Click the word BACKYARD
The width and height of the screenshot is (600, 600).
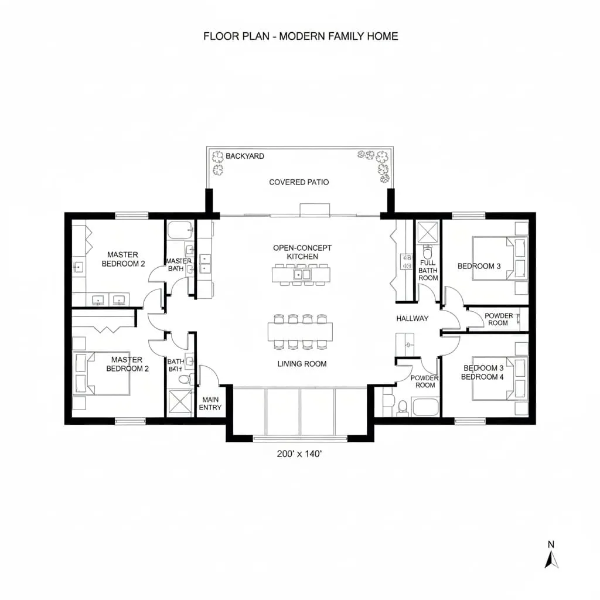245,156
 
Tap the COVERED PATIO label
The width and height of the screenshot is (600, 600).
299,182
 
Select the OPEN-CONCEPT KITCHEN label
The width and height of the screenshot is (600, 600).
302,252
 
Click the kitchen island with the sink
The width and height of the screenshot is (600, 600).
302,273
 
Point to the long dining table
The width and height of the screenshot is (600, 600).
300,331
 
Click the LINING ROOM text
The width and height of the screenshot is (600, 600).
302,364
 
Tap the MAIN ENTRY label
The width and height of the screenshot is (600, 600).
210,403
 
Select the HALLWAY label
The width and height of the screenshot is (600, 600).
412,318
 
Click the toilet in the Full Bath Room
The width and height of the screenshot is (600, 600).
427,254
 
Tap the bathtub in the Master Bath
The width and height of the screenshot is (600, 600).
176,230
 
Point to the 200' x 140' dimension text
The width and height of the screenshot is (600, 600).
299,454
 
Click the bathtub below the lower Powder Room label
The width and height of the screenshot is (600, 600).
425,406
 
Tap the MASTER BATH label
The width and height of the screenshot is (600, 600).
178,265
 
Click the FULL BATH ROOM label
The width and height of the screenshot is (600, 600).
428,270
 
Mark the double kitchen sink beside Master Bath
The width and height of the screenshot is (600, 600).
205,264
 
